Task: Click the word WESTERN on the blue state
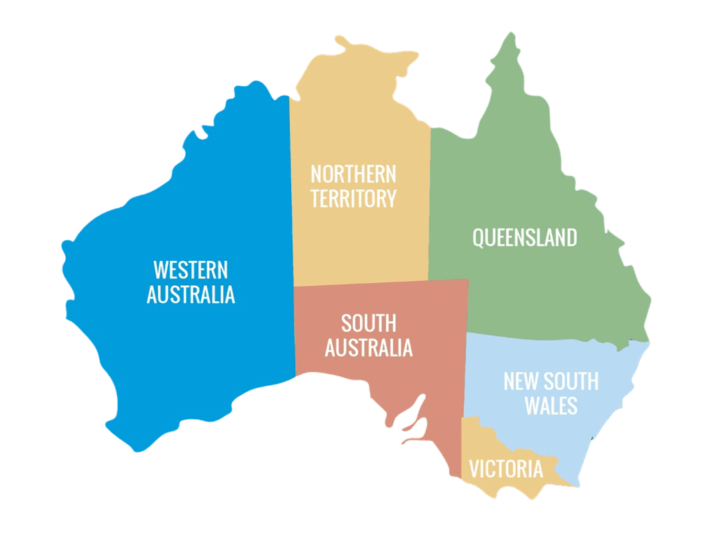(191, 269)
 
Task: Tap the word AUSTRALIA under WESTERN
(191, 294)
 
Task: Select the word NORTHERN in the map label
(353, 173)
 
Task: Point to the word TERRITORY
(353, 198)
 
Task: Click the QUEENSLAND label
(524, 238)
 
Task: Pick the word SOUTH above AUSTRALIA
(368, 323)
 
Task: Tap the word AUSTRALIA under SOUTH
(368, 348)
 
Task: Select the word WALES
(551, 405)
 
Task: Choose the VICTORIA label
(505, 469)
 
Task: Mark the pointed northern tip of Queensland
(510, 40)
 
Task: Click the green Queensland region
(527, 291)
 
